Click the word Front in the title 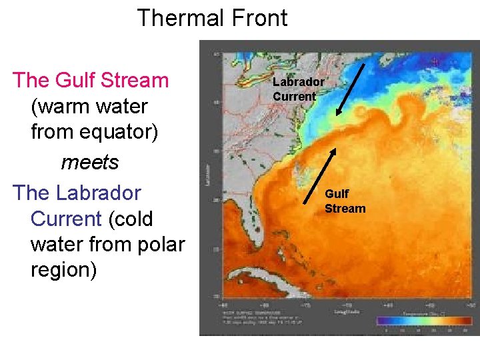[257, 18]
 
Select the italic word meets [90, 162]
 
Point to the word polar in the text [161, 245]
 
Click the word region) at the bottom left [64, 270]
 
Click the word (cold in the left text [129, 219]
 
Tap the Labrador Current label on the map [297, 89]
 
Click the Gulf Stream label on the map [345, 201]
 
